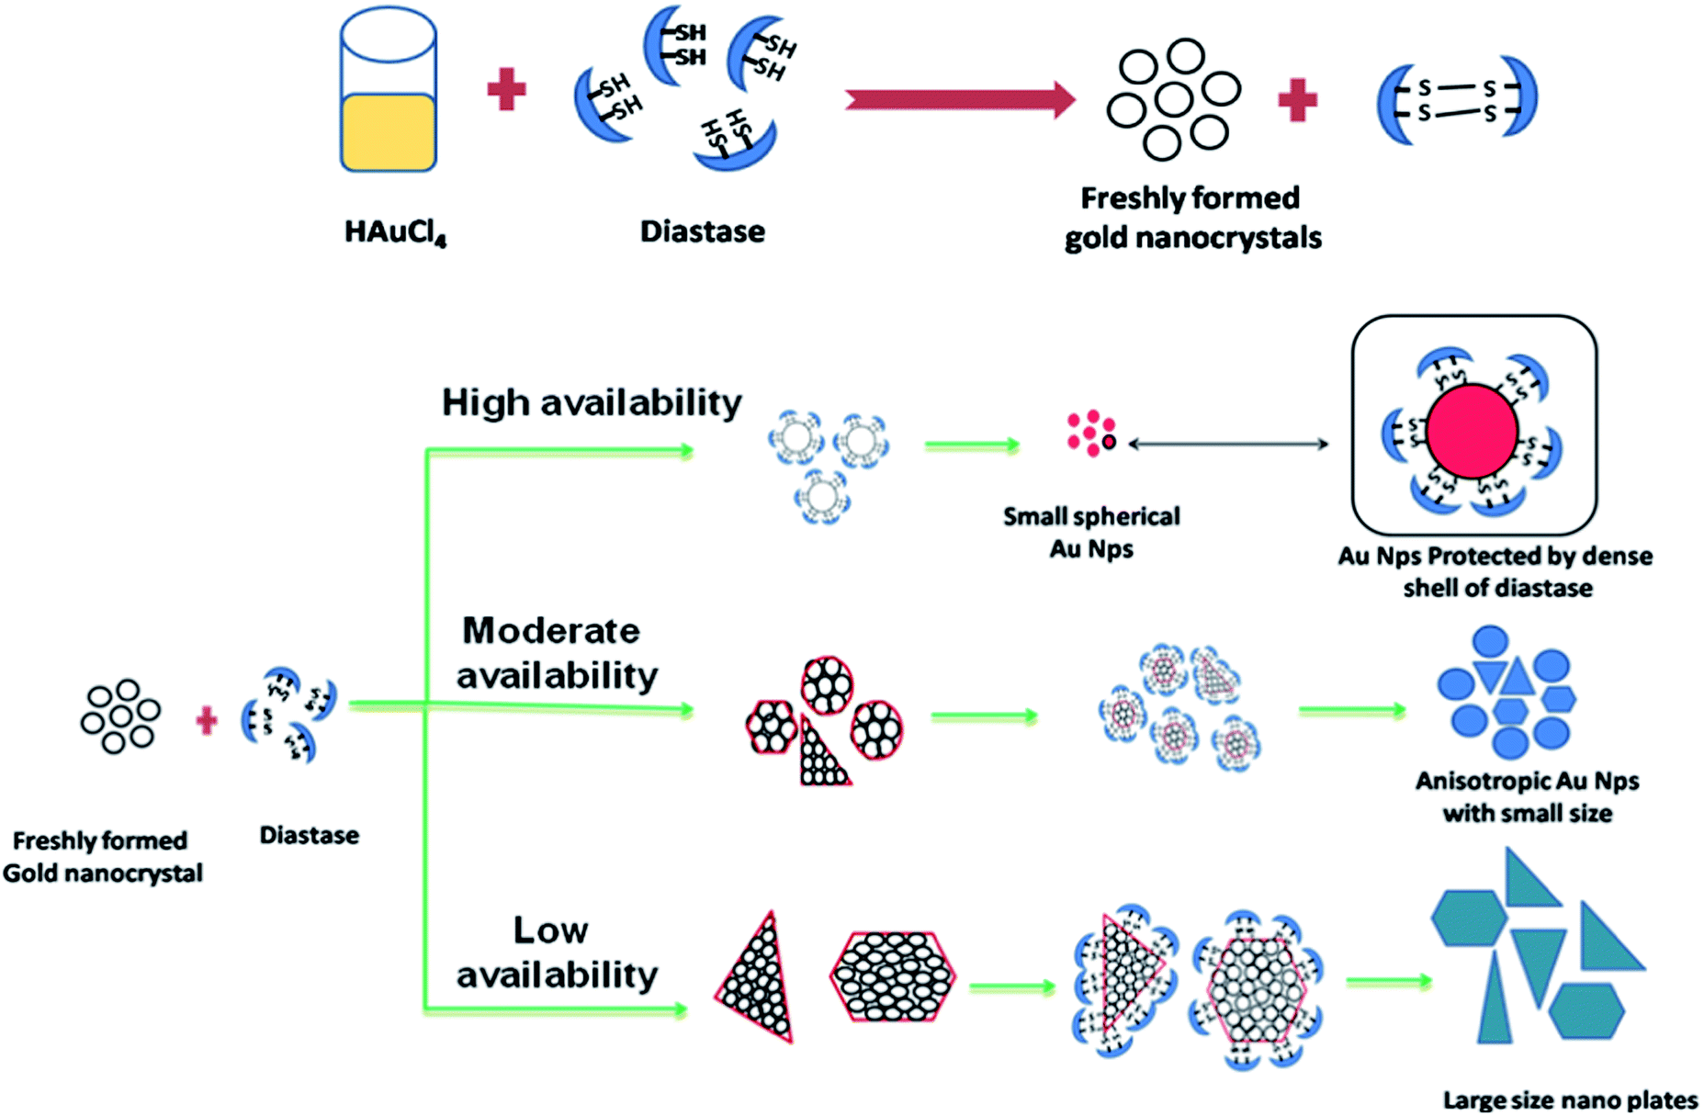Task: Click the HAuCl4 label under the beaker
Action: (395, 231)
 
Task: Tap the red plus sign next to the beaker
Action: (506, 89)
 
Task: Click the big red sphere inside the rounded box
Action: (1472, 432)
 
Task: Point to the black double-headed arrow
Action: (1228, 445)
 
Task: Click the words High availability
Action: (592, 402)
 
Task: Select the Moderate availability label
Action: (556, 653)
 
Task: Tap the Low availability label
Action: (556, 953)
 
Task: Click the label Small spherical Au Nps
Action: (1091, 533)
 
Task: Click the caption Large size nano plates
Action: (1570, 1099)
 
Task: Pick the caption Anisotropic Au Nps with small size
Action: (1527, 796)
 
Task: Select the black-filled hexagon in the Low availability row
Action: (892, 976)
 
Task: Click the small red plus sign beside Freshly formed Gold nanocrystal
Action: (207, 721)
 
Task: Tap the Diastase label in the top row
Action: (702, 231)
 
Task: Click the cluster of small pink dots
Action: (1090, 433)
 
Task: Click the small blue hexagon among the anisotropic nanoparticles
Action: (1509, 711)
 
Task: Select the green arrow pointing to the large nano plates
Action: (1388, 982)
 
